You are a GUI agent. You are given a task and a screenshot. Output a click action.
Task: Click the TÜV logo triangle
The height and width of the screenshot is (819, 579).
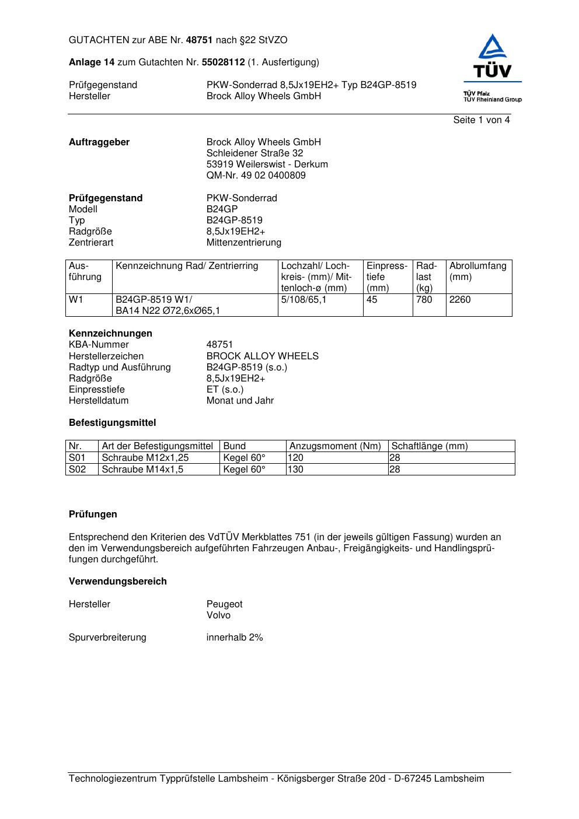[493, 48]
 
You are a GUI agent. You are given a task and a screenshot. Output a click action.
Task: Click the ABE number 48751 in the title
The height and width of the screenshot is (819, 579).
[200, 40]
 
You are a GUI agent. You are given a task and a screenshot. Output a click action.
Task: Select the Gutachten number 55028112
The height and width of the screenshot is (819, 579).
[223, 62]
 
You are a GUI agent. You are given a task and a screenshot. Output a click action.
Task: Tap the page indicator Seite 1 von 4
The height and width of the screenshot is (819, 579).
[481, 120]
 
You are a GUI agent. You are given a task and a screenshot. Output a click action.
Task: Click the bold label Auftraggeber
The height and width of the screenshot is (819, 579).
[99, 142]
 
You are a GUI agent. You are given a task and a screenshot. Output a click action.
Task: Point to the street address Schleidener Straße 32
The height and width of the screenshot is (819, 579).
[254, 153]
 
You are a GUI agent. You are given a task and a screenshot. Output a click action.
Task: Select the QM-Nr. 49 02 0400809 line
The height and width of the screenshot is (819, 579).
[256, 176]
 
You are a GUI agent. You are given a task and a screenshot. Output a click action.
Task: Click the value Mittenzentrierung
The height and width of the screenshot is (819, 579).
[243, 243]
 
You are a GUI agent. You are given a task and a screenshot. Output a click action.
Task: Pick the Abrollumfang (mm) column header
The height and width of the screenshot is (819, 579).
[477, 271]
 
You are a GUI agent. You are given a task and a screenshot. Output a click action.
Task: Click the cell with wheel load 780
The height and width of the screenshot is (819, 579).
[424, 300]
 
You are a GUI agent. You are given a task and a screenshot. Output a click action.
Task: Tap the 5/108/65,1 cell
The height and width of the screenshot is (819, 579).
[304, 300]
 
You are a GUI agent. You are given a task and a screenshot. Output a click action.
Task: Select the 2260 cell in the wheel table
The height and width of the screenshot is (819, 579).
[460, 300]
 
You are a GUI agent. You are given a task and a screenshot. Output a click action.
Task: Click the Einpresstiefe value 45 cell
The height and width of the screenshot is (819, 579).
[372, 300]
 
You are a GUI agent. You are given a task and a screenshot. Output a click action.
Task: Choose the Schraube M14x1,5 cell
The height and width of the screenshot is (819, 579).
[142, 470]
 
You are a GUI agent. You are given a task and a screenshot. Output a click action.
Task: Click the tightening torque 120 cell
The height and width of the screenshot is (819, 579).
[296, 458]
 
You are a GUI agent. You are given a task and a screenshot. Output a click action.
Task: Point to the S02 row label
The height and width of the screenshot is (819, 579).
[77, 470]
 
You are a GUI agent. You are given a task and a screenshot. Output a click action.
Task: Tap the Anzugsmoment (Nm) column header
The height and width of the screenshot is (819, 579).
[335, 446]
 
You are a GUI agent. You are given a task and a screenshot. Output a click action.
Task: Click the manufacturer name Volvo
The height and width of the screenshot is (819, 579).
[218, 615]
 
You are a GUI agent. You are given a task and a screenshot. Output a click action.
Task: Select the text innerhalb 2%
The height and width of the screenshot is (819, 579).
[235, 638]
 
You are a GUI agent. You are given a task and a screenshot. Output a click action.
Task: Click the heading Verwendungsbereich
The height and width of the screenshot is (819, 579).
[117, 582]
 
